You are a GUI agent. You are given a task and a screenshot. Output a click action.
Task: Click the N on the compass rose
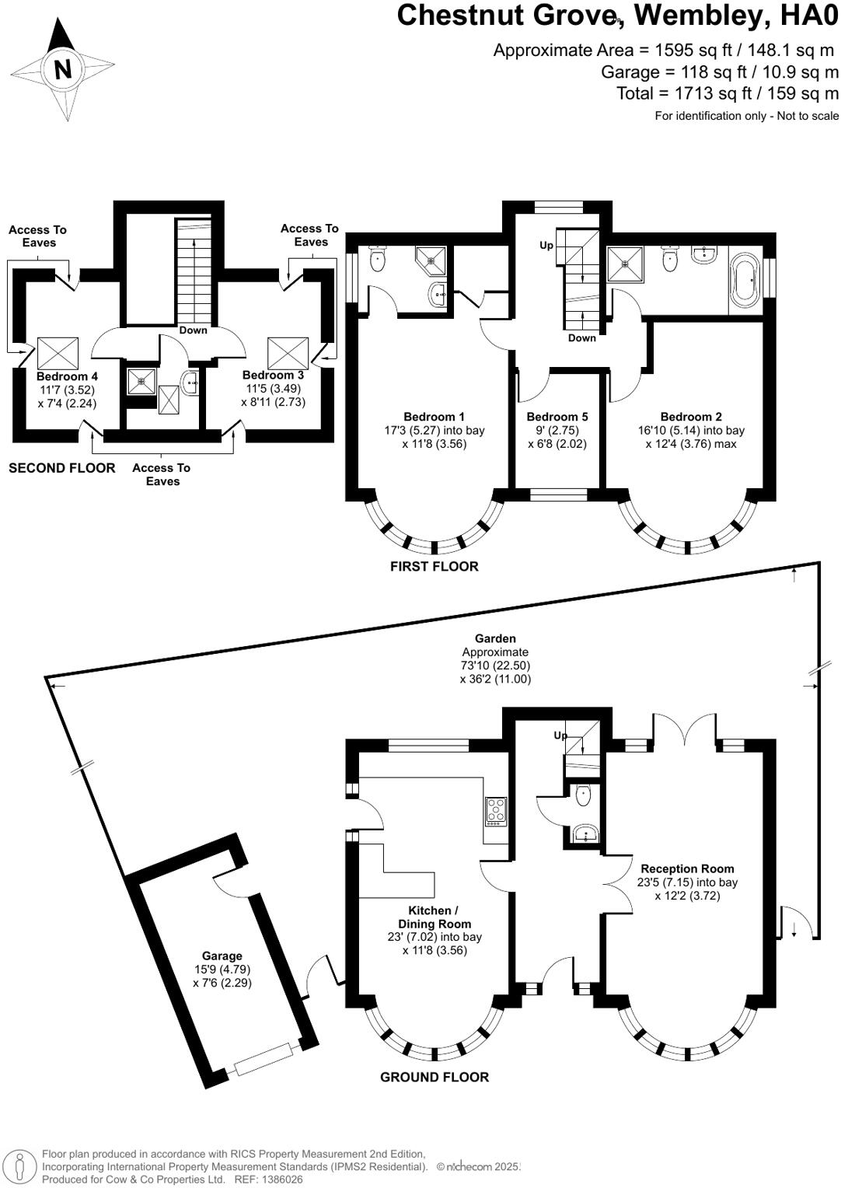click(63, 69)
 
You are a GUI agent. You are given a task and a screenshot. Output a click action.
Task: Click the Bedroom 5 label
click(557, 417)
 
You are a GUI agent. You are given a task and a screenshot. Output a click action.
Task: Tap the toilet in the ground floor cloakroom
click(583, 795)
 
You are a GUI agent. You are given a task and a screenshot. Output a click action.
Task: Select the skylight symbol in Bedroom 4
click(58, 353)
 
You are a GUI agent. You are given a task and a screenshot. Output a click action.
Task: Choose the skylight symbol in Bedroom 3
click(288, 353)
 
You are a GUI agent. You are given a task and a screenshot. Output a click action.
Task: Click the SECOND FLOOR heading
click(62, 468)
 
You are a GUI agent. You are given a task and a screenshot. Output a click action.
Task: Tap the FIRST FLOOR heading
click(434, 567)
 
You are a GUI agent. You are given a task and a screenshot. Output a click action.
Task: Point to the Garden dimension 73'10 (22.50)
click(495, 665)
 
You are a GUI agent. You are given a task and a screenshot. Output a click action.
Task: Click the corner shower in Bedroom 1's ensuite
click(431, 260)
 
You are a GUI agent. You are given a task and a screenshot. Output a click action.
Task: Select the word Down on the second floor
click(193, 330)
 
